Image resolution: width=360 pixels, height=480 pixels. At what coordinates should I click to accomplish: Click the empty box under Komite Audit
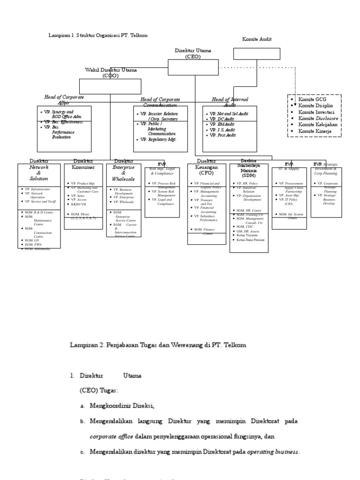pos(256,53)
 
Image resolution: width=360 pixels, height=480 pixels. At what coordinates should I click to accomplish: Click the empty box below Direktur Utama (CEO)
pos(193,67)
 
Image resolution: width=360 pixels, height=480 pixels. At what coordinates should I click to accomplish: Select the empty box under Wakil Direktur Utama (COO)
pos(110,86)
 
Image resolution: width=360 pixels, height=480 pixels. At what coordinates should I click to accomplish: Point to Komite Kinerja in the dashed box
pos(315,131)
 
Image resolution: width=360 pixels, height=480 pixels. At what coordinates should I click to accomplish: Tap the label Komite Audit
pos(256,40)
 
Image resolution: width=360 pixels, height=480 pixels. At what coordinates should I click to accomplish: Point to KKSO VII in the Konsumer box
pos(79,204)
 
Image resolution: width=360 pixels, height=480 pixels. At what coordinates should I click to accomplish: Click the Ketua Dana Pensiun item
pos(252,240)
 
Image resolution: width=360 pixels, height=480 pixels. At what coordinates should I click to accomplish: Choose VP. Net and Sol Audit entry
pos(229,114)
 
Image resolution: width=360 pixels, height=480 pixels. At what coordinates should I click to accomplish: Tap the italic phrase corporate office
pos(111,436)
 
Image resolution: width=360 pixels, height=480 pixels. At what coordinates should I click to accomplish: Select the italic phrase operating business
pos(272,452)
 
